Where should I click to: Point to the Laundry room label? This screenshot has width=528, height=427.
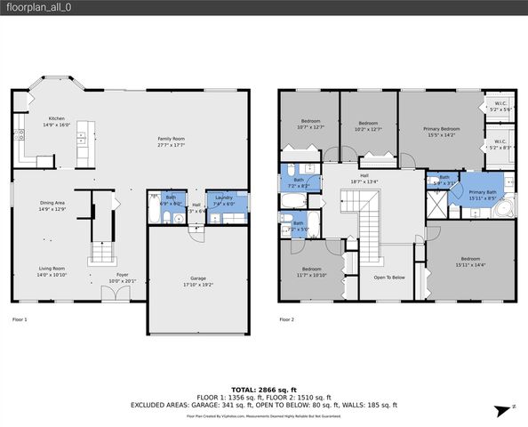pos(224,197)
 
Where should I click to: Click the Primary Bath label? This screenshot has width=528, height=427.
pos(483,193)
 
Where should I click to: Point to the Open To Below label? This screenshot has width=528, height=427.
pos(389,277)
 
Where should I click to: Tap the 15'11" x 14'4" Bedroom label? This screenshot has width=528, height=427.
pos(470,261)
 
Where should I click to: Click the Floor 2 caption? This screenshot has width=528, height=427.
pos(286,318)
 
